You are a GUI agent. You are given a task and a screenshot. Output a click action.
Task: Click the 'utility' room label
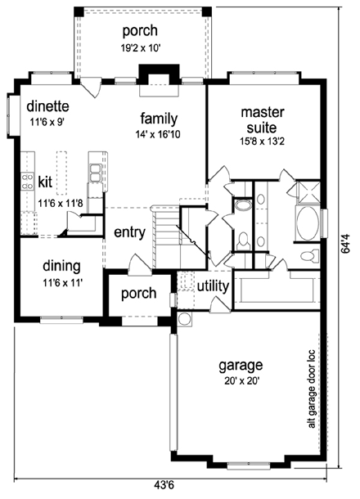click(213, 285)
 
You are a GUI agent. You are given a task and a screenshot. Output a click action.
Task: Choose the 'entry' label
click(129, 232)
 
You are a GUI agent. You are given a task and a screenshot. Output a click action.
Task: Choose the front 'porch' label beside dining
click(137, 294)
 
